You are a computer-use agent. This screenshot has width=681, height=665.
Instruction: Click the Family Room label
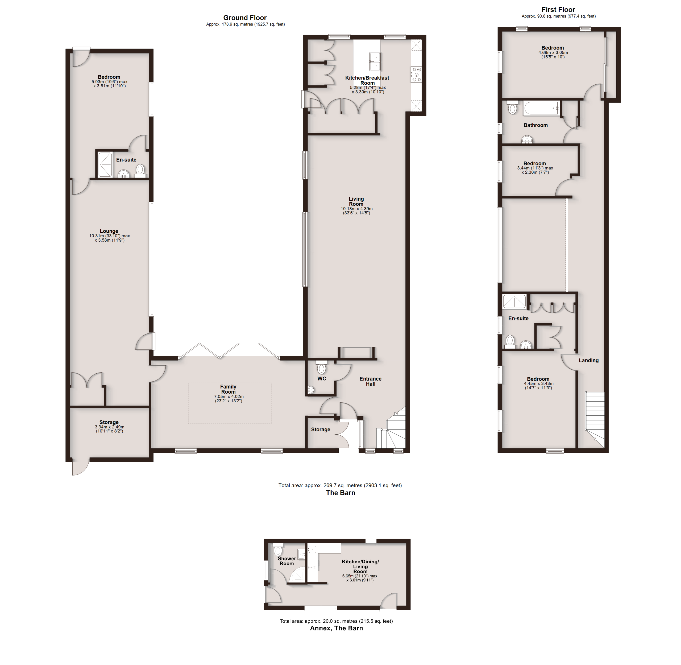click(x=228, y=389)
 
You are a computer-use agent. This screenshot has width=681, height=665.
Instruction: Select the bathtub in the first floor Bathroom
click(x=541, y=108)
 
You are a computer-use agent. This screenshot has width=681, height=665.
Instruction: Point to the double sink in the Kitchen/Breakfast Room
click(x=375, y=61)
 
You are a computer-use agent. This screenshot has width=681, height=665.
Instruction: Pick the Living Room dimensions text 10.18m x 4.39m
click(x=356, y=209)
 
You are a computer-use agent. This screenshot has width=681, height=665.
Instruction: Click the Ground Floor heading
click(x=245, y=18)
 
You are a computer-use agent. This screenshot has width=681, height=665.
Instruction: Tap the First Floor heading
click(x=558, y=9)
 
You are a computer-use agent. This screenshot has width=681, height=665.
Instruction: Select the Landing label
click(x=588, y=360)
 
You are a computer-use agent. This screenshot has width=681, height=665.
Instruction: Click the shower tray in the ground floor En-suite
click(x=105, y=164)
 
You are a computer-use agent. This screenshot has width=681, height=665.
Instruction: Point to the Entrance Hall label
click(x=371, y=381)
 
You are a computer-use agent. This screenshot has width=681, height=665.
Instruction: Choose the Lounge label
click(x=109, y=231)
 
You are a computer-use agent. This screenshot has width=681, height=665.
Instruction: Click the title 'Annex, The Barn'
click(x=336, y=628)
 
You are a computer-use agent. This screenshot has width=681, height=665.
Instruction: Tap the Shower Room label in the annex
click(x=287, y=561)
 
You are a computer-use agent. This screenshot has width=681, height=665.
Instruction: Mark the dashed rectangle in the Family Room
click(x=230, y=403)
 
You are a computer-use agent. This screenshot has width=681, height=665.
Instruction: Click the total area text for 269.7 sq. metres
click(x=340, y=485)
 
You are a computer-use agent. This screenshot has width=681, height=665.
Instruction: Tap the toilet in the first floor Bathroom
click(x=512, y=107)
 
